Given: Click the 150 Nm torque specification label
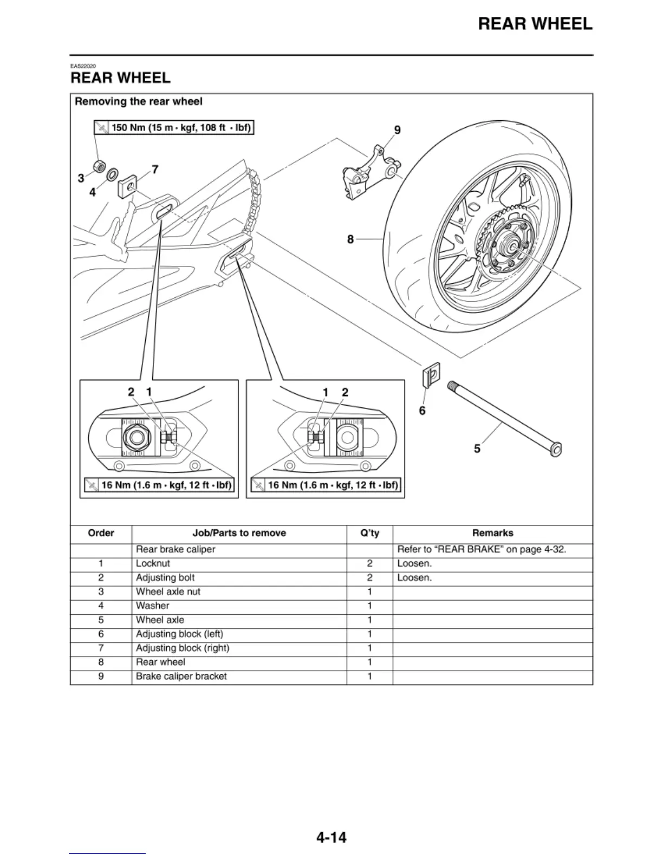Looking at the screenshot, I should [x=174, y=128].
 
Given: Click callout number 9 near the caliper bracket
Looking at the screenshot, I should [x=397, y=130].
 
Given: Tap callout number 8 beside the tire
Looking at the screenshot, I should [x=350, y=239].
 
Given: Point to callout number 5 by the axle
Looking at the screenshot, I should [x=477, y=448].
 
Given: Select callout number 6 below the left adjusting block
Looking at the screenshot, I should [x=422, y=411].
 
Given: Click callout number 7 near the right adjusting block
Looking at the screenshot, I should [x=155, y=170].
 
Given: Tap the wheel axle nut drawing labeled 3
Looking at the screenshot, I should [x=99, y=165].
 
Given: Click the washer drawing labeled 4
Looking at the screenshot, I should [x=112, y=175].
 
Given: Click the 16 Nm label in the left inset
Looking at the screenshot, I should [x=159, y=485].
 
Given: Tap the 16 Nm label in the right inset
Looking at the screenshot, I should [x=326, y=485].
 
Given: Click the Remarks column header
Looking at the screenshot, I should [x=492, y=533].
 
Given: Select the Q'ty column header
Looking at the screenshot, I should [x=369, y=533].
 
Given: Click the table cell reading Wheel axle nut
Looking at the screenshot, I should [x=168, y=591].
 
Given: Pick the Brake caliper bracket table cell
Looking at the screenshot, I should [x=181, y=676].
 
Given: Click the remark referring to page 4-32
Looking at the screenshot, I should [x=481, y=549].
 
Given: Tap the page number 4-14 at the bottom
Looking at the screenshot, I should [x=331, y=837].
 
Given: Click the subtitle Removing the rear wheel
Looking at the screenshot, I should [x=139, y=101].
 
